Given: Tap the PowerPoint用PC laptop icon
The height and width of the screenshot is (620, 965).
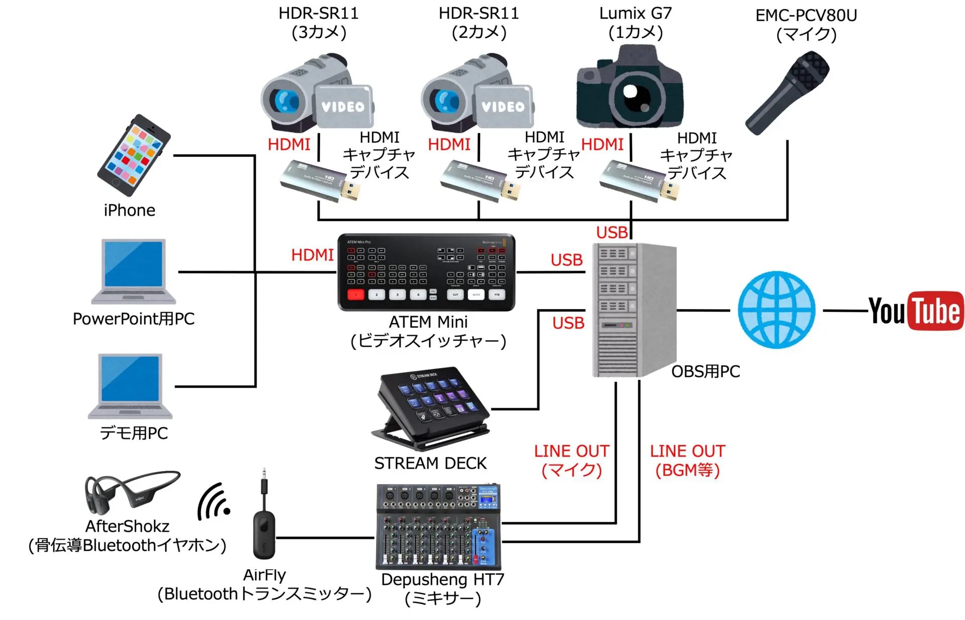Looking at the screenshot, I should point(134,272).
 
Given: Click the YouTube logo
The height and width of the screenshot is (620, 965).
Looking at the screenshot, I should point(916,311).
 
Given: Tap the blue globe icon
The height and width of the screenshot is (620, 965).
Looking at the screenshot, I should point(777,310).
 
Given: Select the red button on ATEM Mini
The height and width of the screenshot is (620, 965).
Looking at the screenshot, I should point(356,295).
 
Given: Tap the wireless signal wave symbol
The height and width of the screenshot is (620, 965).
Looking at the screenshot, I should point(214,503).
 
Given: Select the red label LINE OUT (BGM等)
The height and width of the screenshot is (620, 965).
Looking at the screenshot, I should point(687,460).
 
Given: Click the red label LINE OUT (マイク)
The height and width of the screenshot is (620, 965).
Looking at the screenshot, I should point(571,460).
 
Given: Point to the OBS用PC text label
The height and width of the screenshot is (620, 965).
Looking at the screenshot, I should point(705,372).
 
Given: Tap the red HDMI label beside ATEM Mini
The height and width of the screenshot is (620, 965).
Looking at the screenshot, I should point(312,255).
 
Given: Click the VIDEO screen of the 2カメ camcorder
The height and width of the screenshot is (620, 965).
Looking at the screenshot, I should point(503,106).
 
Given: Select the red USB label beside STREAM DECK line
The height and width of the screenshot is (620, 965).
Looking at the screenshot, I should point(568,323).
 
